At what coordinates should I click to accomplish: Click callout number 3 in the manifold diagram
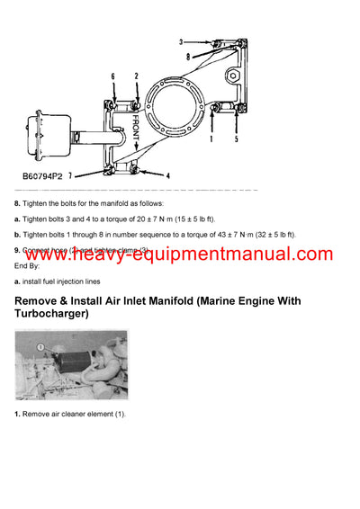coord(181,42)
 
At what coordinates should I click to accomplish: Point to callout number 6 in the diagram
coord(112,76)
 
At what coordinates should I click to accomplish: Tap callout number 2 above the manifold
coord(135,76)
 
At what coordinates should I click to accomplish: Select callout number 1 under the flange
coord(211,140)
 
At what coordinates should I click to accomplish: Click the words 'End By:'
coord(28,265)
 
